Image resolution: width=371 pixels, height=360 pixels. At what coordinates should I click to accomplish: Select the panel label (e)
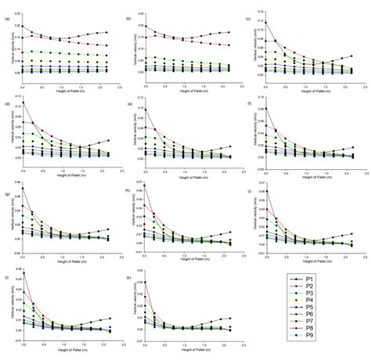pos(128,103)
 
